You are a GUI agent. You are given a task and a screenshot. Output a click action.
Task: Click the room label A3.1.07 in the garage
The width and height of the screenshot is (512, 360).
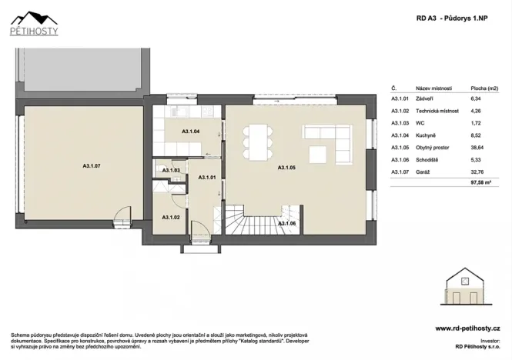[x=92, y=165]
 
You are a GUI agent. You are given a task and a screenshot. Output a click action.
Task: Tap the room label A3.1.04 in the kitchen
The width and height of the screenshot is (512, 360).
[x=191, y=132]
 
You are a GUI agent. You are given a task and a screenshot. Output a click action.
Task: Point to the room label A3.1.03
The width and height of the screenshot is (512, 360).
[x=170, y=170]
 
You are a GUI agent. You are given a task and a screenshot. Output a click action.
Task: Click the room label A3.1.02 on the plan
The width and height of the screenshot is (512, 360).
[x=170, y=218]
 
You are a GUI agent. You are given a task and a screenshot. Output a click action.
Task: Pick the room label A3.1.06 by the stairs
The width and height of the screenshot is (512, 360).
[x=287, y=223]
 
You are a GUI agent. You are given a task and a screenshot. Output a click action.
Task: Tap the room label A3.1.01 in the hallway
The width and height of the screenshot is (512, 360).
[x=207, y=178]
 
